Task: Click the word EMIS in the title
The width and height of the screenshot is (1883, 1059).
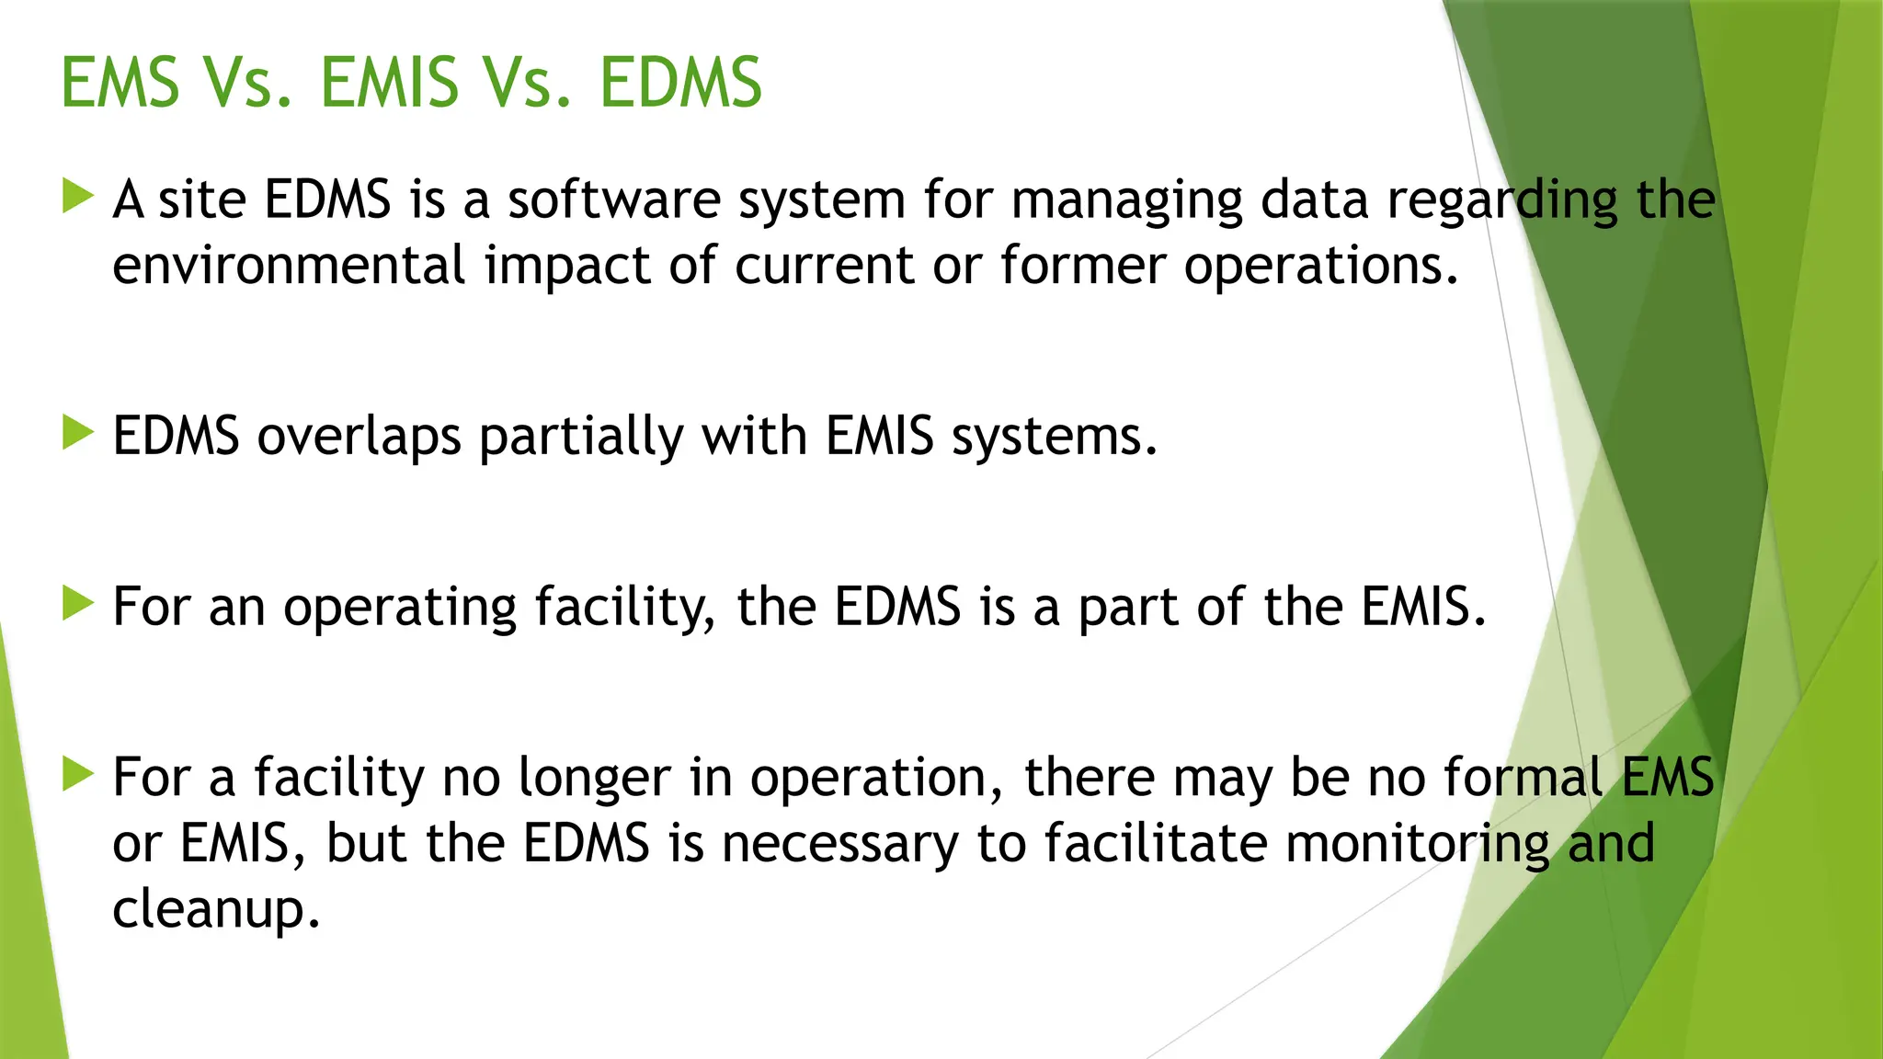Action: click(x=389, y=83)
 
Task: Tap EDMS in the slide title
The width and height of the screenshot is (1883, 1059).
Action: click(x=680, y=83)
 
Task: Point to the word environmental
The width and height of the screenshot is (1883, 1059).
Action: click(x=289, y=266)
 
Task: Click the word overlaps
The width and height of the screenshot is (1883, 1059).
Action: click(x=359, y=437)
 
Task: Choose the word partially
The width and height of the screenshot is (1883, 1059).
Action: click(x=581, y=437)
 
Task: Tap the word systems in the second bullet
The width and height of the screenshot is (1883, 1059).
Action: click(x=1054, y=437)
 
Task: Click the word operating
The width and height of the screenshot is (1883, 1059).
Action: click(x=399, y=609)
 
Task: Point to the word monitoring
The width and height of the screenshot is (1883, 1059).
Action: click(x=1418, y=845)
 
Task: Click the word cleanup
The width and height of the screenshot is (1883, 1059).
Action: click(x=216, y=910)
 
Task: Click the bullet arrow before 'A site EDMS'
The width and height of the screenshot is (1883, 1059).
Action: click(x=79, y=197)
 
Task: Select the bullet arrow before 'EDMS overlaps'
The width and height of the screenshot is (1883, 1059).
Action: click(x=79, y=433)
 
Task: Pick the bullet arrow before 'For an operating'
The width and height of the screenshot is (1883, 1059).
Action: click(x=79, y=604)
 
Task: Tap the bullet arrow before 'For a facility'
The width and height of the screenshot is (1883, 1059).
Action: click(x=79, y=774)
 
